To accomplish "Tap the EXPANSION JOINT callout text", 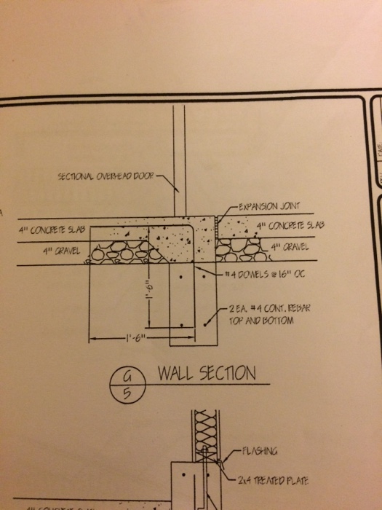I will (x=268, y=205).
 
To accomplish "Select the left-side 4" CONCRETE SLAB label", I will (x=53, y=230).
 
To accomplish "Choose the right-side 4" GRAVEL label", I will (x=291, y=246).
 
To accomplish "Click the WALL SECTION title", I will (x=207, y=374).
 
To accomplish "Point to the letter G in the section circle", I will (x=124, y=375).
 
